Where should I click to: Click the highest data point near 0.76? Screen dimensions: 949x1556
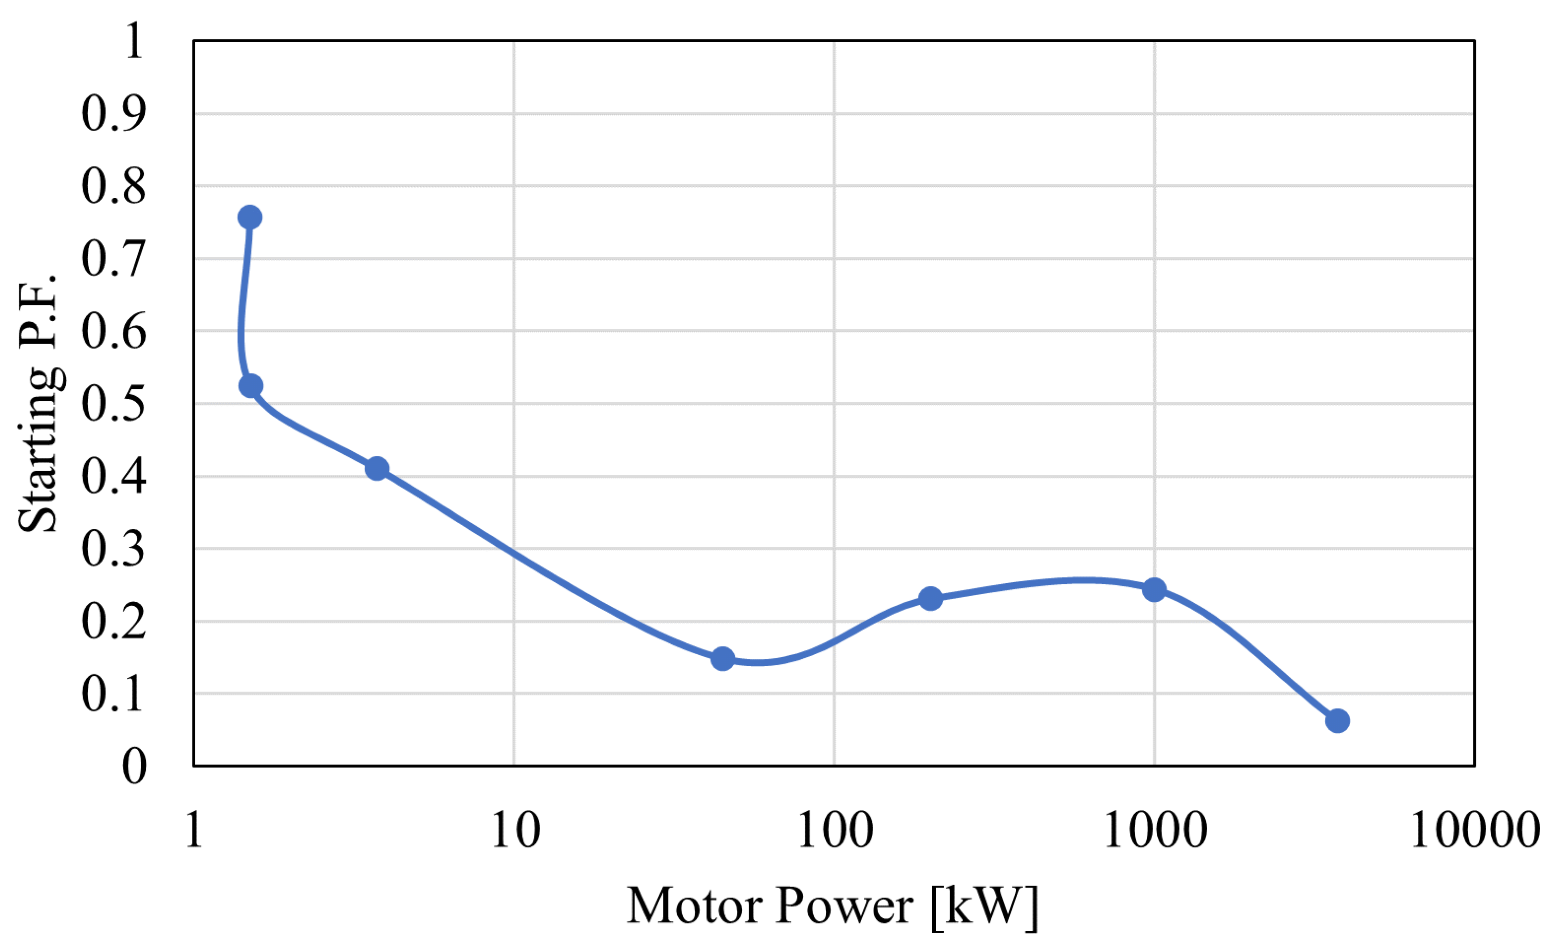(250, 217)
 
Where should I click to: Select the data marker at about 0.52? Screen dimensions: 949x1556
(251, 386)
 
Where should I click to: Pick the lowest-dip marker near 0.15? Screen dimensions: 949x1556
(723, 659)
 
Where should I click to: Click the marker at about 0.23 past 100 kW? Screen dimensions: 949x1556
(931, 598)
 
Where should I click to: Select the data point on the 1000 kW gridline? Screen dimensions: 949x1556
(1154, 590)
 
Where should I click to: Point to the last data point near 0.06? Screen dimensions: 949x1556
(1338, 721)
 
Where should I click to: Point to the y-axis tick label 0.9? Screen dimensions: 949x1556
(114, 114)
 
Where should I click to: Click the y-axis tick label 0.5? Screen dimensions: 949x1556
(114, 404)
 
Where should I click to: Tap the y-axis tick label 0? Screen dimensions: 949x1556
(134, 767)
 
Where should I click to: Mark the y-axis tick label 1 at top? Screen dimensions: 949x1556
(134, 42)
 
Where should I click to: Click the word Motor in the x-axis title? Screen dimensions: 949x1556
(695, 906)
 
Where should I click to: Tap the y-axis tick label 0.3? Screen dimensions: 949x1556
(114, 549)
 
